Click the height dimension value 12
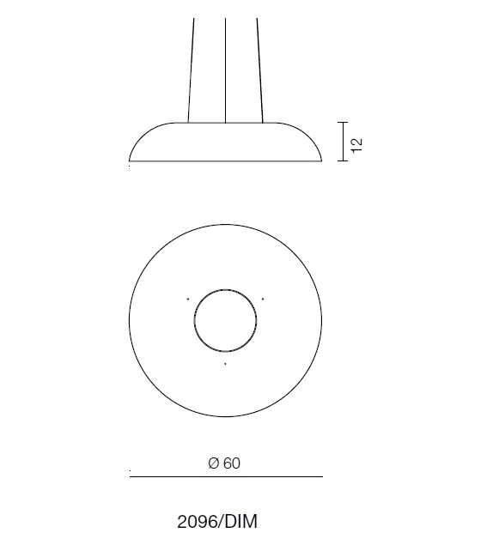coord(357,142)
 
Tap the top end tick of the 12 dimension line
coord(344,123)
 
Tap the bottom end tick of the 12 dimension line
coord(344,160)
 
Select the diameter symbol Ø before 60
coord(213,463)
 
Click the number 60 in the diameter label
coord(232,463)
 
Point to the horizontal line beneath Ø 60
coord(226,476)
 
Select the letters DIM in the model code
coord(242,522)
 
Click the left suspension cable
coord(191,69)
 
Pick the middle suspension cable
coord(225,69)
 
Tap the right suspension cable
coord(259,69)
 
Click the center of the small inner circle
coord(225,320)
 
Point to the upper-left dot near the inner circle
coord(188,298)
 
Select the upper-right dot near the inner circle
coord(263,298)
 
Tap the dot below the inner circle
coord(225,364)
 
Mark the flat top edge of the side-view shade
coord(225,123)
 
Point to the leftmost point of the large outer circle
coord(130,320)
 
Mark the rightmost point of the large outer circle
coord(322,320)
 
